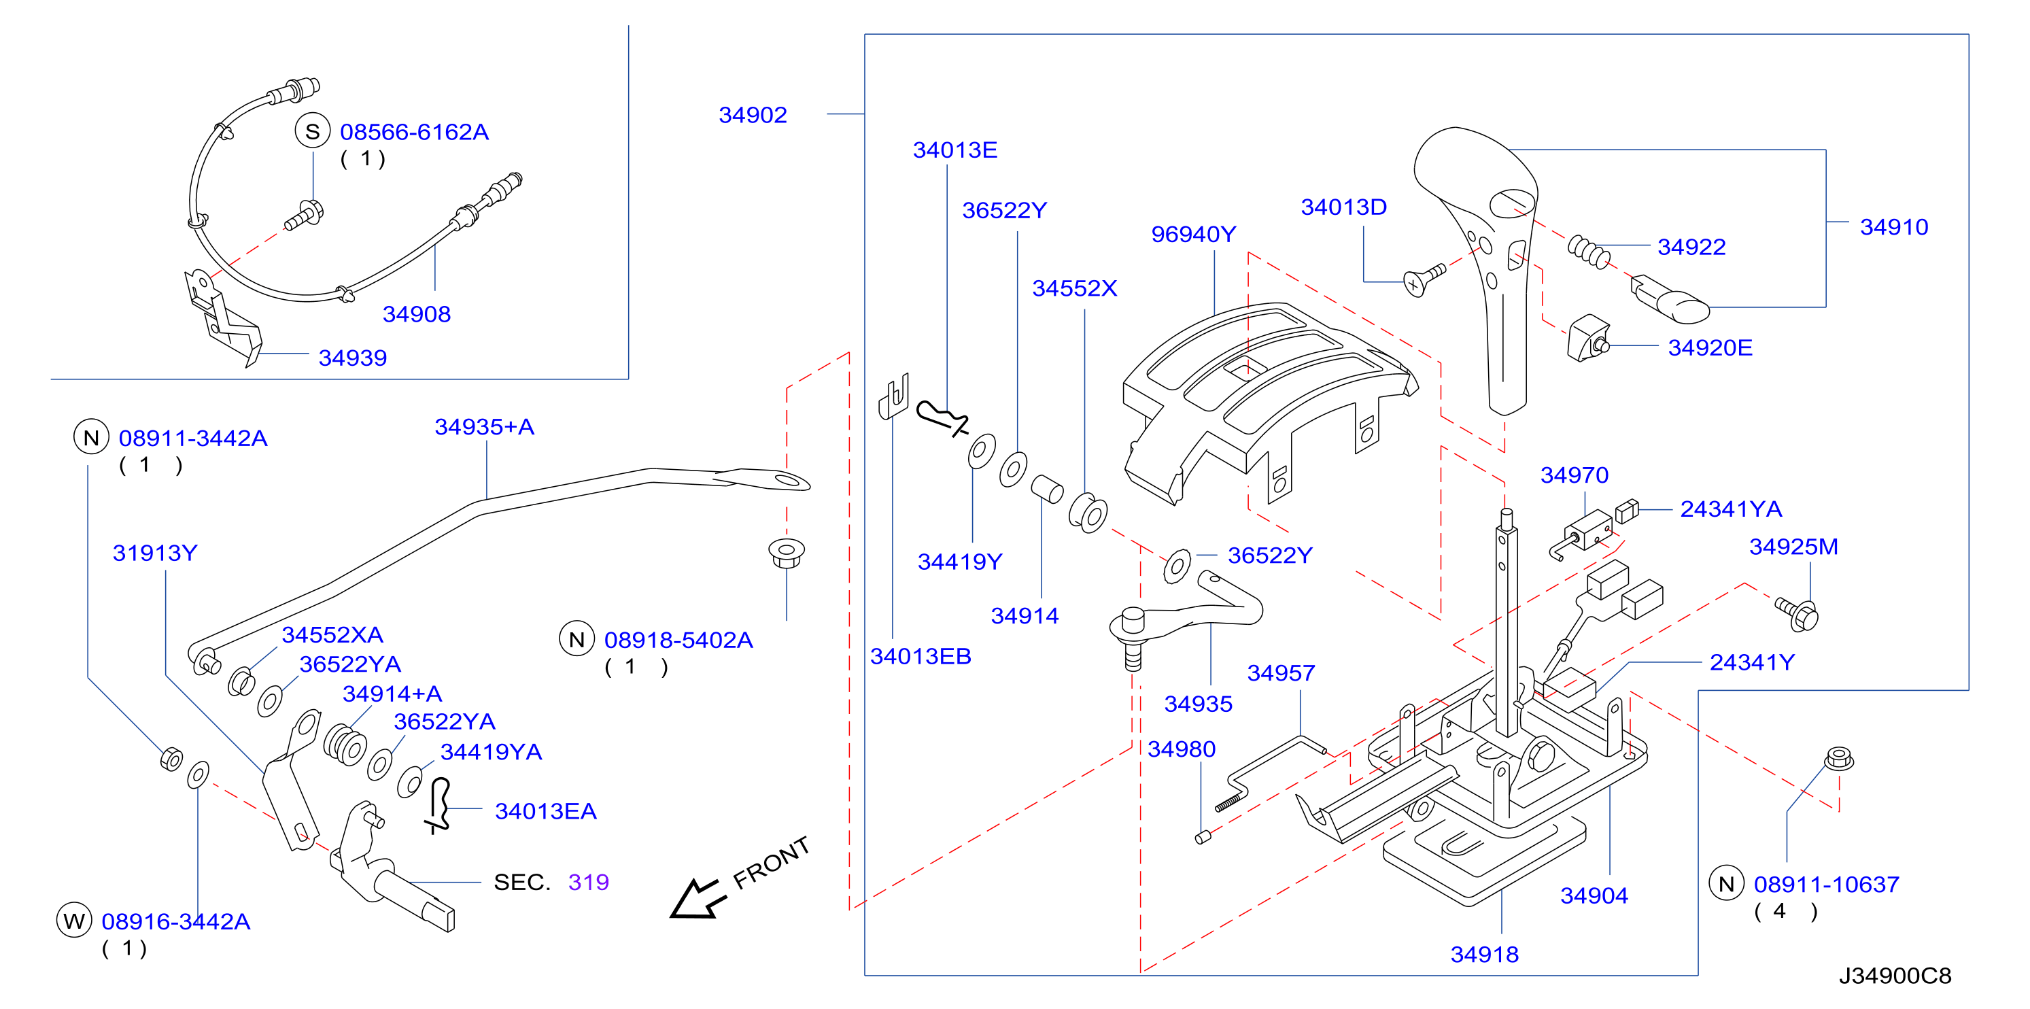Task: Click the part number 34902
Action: [753, 115]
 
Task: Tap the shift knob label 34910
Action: [1893, 227]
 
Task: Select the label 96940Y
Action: [1193, 234]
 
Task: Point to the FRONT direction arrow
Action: [696, 899]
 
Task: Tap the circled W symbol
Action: [74, 921]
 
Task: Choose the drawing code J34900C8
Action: [1895, 976]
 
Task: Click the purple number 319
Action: [589, 882]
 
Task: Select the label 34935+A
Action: [485, 426]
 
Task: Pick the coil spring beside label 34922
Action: [1588, 252]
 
